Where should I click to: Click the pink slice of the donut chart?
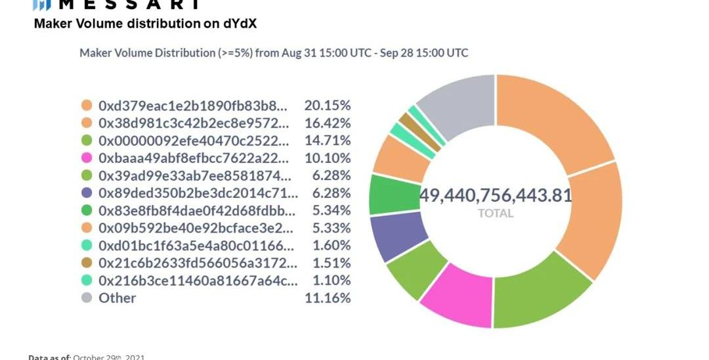457,298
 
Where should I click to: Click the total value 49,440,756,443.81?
496,195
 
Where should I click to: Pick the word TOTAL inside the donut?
496,213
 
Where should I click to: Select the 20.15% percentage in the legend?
327,105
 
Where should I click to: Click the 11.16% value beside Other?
327,298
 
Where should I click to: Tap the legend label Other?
117,298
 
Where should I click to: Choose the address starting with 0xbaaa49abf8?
194,158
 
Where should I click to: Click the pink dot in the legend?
87,158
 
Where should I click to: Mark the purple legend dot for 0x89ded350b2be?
87,193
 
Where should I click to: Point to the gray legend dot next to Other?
87,298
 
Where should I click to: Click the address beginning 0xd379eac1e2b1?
192,105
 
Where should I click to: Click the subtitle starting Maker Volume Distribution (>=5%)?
274,53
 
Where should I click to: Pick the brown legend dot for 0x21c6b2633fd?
87,263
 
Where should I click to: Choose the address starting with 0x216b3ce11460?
197,281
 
